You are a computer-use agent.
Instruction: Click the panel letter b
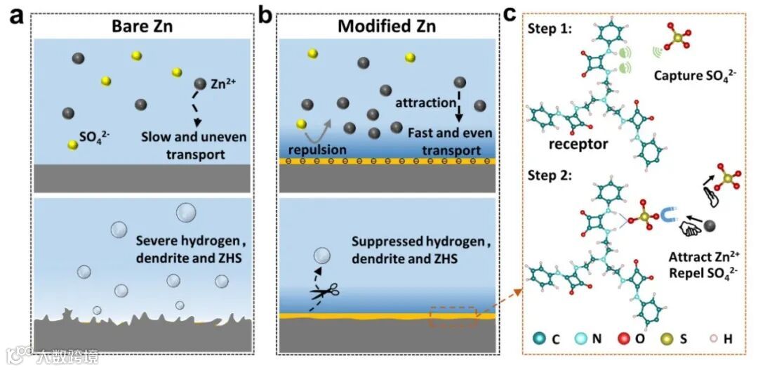(267, 16)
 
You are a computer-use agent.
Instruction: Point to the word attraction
(425, 103)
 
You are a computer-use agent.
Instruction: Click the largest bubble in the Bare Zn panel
(187, 212)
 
